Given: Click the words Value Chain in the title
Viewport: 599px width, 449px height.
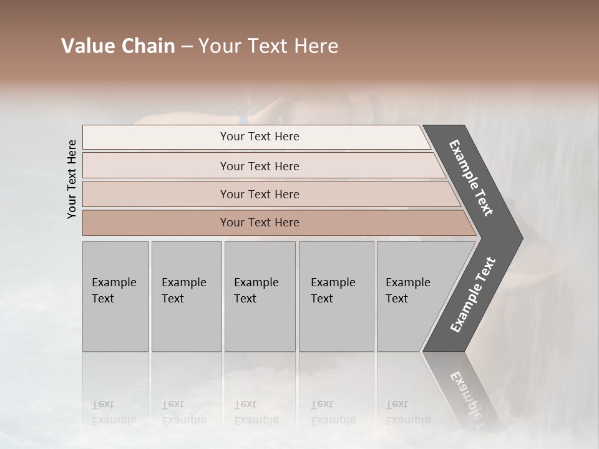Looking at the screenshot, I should pos(118,46).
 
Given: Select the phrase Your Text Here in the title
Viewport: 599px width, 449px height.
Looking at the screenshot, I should pos(268,46).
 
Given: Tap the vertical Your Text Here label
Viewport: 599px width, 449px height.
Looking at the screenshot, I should pos(72,179).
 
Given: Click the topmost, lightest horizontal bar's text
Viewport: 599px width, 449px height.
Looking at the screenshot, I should pos(260,137).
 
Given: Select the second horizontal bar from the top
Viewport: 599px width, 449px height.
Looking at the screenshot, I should pos(260,166).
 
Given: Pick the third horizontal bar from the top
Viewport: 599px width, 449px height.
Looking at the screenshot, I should pos(260,194).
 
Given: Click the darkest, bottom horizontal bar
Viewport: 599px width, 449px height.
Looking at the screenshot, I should pos(260,223).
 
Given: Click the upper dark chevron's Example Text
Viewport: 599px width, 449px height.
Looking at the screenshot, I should pos(471,178).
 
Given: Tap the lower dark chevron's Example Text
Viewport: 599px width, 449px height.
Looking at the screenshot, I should pos(473,294).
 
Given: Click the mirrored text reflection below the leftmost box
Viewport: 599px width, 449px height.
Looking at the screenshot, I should pos(114,412).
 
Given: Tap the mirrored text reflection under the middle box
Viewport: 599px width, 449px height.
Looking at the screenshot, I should pos(256,412).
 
